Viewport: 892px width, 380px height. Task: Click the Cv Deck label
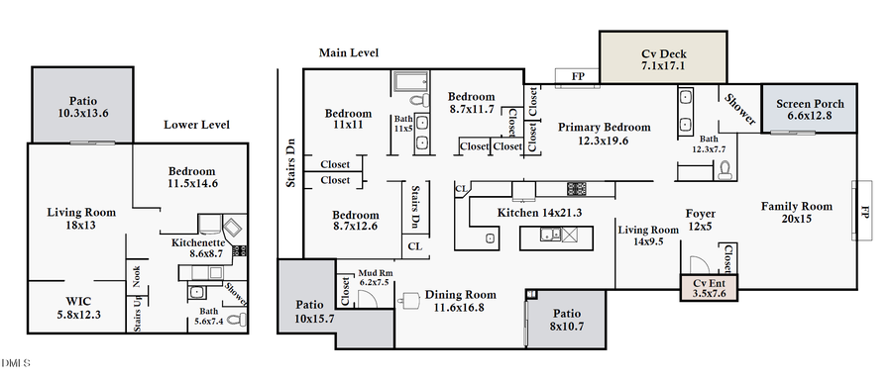tap(664, 59)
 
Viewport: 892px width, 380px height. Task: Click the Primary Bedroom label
tap(604, 134)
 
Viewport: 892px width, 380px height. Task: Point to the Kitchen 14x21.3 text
tap(518, 213)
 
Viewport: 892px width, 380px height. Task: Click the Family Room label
tap(796, 213)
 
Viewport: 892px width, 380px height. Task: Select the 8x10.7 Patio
tap(566, 319)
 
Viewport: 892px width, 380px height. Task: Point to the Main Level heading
tap(348, 52)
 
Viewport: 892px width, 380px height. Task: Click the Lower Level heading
tap(196, 125)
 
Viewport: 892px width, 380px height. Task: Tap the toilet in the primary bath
tap(724, 168)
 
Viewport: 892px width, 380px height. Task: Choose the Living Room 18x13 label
tap(81, 219)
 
